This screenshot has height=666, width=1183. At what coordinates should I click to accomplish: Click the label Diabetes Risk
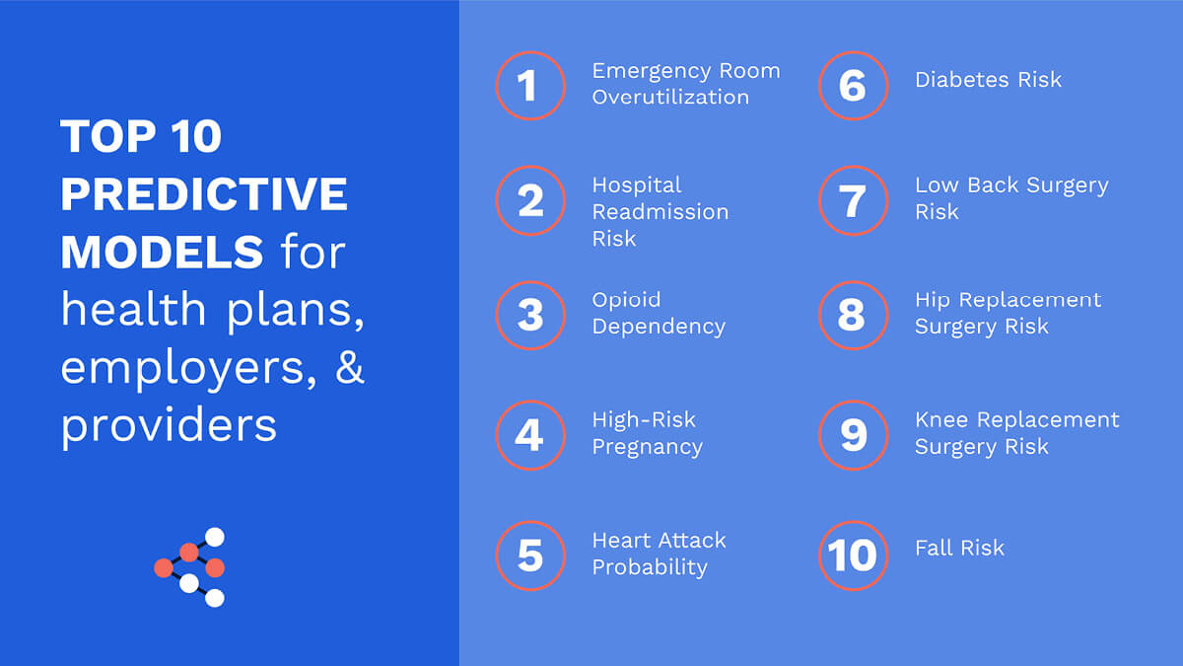[988, 80]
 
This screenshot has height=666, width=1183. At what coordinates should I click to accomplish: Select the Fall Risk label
[959, 549]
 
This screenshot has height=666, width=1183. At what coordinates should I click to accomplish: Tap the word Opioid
[626, 300]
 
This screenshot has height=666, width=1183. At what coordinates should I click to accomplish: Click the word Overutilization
[670, 98]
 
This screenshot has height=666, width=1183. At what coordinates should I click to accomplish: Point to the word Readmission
[661, 212]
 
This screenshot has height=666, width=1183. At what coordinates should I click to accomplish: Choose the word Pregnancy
[648, 448]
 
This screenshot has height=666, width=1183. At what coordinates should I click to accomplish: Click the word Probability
[650, 568]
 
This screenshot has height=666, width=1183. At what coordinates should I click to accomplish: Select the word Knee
[941, 420]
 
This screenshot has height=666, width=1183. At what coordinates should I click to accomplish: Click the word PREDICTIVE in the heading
[204, 194]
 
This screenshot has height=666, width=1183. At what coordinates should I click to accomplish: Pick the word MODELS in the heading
[162, 253]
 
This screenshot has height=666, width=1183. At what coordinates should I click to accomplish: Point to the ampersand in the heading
[350, 367]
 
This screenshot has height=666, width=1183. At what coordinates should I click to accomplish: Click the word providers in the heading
[169, 426]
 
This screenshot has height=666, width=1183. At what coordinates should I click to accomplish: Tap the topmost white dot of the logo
[215, 537]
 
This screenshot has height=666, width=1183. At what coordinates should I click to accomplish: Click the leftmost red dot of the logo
[164, 568]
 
